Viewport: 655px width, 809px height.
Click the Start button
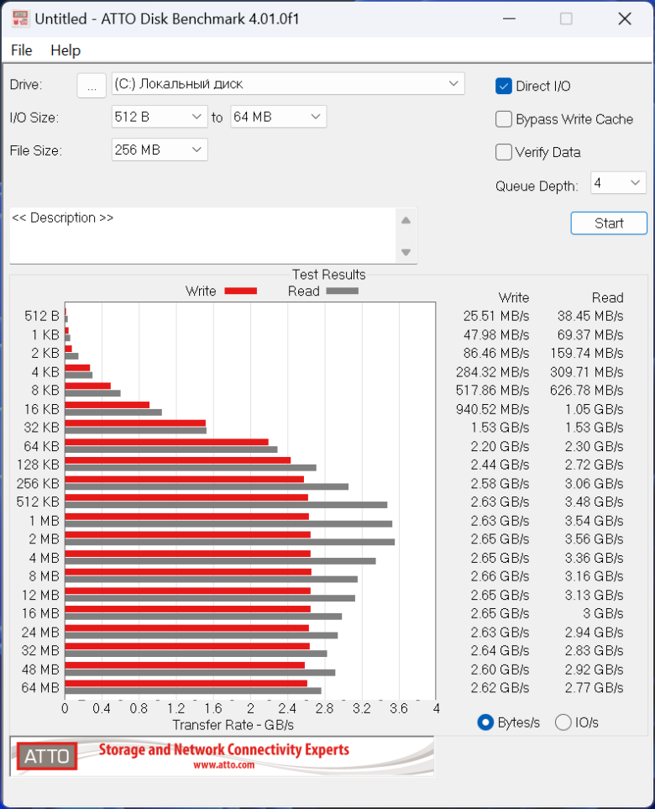pyautogui.click(x=609, y=223)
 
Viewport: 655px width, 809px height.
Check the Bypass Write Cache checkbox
pyautogui.click(x=503, y=119)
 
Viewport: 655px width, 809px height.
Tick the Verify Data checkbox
pyautogui.click(x=503, y=152)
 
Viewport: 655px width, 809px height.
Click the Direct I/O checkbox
pyautogui.click(x=503, y=87)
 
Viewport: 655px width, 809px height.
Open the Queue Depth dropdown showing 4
pyautogui.click(x=618, y=183)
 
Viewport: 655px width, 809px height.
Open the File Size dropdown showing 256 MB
pyautogui.click(x=160, y=150)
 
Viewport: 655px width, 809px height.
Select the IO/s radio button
pyautogui.click(x=563, y=722)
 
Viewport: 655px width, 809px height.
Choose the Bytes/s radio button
pyautogui.click(x=485, y=722)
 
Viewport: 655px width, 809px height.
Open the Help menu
pyautogui.click(x=65, y=50)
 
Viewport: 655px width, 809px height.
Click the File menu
pyautogui.click(x=22, y=50)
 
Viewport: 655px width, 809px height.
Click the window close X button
pyautogui.click(x=625, y=19)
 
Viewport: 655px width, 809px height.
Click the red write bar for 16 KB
pyautogui.click(x=107, y=405)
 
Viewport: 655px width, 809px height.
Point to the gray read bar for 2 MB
pyautogui.click(x=230, y=542)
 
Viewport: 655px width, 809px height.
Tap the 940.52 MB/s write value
pyautogui.click(x=493, y=409)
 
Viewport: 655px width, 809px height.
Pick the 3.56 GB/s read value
pyautogui.click(x=595, y=539)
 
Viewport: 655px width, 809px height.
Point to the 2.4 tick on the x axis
pyautogui.click(x=287, y=708)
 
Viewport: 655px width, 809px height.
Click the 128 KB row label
pyautogui.click(x=38, y=465)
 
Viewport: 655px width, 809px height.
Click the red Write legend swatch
pyautogui.click(x=241, y=291)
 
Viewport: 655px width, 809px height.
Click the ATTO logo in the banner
pyautogui.click(x=47, y=756)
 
